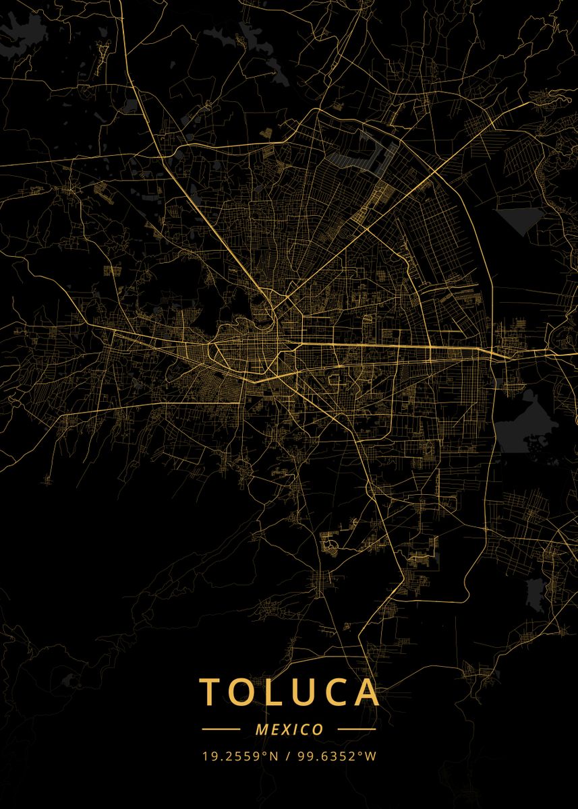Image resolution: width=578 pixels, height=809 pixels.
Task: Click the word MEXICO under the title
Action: [289, 729]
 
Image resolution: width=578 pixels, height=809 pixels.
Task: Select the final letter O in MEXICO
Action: [318, 729]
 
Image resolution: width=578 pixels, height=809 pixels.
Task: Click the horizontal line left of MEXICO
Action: [221, 729]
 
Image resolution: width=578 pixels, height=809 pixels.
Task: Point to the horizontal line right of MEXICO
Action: [357, 729]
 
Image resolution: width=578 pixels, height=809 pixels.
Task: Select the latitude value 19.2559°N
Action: [240, 756]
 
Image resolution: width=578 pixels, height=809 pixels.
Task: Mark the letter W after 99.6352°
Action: [370, 756]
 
